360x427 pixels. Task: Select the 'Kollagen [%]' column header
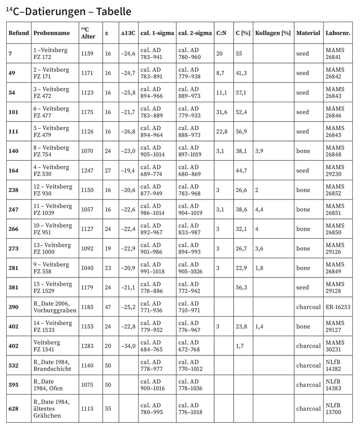click(x=273, y=33)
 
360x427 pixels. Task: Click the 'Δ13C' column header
click(x=128, y=33)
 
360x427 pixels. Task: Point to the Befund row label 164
click(x=13, y=171)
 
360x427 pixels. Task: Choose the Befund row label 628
click(x=13, y=408)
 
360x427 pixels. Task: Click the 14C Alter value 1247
click(x=87, y=171)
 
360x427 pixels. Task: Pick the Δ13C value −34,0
click(x=128, y=345)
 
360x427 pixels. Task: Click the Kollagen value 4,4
click(x=260, y=209)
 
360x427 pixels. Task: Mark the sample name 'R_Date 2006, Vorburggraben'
click(x=55, y=307)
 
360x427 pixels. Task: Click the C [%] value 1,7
click(x=240, y=345)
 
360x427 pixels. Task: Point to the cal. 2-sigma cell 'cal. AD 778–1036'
click(x=193, y=385)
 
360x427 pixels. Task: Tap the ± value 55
click(x=108, y=408)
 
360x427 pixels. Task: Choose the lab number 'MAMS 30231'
click(x=335, y=345)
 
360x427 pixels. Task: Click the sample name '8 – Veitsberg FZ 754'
click(x=51, y=151)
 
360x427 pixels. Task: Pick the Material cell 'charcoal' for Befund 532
click(x=308, y=365)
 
